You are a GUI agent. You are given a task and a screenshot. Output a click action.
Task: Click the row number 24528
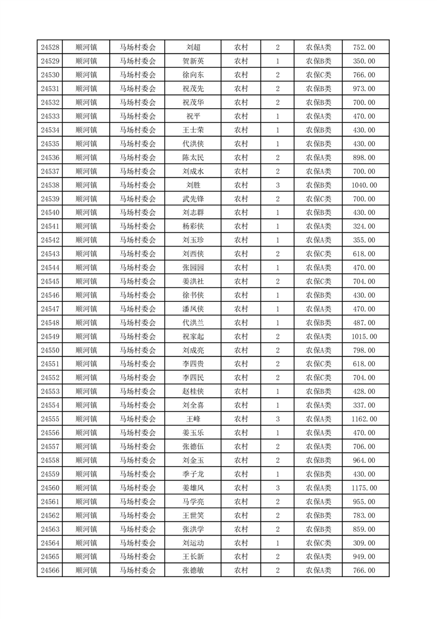(50, 47)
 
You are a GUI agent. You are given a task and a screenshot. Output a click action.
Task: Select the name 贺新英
(193, 61)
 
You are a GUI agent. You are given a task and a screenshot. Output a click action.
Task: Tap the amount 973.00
(364, 89)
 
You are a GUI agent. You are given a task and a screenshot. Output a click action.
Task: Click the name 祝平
(193, 116)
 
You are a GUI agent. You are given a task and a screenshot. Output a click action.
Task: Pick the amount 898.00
(364, 158)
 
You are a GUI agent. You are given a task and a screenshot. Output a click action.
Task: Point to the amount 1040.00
(364, 185)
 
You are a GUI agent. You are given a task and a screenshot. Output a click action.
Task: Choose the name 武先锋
(193, 199)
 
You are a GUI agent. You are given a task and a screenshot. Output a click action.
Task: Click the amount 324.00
(364, 227)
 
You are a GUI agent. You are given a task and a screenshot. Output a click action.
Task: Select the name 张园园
(193, 268)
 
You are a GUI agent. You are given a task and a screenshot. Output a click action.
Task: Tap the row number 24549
(50, 337)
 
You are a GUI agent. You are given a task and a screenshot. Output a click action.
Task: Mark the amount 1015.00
(364, 337)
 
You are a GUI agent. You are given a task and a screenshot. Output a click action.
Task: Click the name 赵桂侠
(193, 392)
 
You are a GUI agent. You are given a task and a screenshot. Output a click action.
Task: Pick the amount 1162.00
(364, 419)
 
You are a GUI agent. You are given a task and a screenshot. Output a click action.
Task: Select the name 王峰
(193, 419)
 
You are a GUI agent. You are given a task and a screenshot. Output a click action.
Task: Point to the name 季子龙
(193, 474)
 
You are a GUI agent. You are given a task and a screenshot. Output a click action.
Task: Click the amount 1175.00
(364, 488)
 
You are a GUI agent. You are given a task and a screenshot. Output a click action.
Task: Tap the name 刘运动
(193, 543)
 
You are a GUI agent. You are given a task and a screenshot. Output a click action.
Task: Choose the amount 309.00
(364, 543)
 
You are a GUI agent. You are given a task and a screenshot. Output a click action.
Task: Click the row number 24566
(50, 571)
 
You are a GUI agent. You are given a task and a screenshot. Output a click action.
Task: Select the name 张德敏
(193, 571)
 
